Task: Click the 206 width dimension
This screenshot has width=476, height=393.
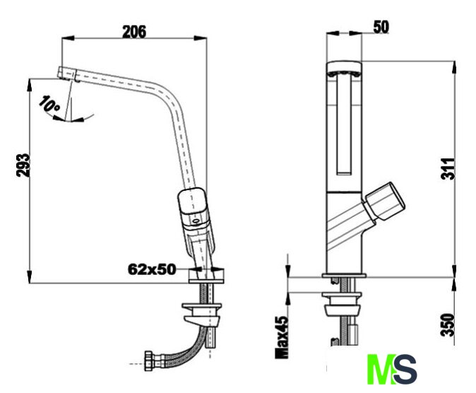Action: coord(134,32)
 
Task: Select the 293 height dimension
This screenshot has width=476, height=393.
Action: coord(23,165)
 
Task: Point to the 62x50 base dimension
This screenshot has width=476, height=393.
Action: coord(152,269)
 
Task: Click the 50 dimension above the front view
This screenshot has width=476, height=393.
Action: coord(381,27)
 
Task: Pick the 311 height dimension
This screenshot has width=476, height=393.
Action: coord(448,169)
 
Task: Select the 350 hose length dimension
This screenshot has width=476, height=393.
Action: coord(448,325)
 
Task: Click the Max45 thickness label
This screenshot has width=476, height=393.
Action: coord(281,337)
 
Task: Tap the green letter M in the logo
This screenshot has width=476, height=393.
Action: coord(381,369)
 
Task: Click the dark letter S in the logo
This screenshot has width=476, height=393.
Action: coord(405,369)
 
